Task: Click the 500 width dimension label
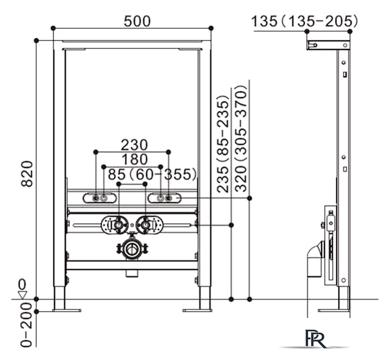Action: coord(137,20)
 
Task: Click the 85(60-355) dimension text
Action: coord(152,174)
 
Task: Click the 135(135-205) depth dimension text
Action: coord(305,21)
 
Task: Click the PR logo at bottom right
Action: coord(314,338)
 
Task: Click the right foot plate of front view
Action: coord(197,310)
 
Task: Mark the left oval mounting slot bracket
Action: coord(100,198)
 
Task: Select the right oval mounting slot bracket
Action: coord(164,198)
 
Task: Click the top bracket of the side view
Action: coord(327,44)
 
